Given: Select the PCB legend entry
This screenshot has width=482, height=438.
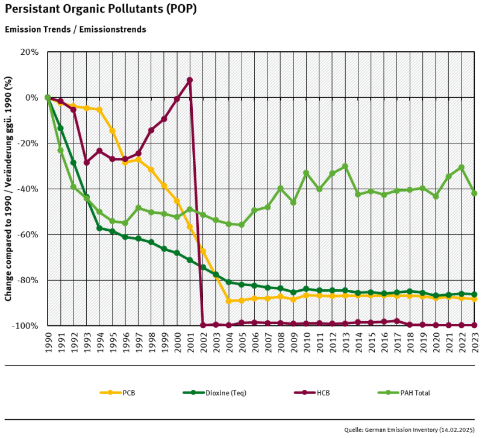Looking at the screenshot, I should tap(128, 393).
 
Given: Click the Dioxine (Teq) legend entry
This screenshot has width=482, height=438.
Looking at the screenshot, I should tap(224, 393).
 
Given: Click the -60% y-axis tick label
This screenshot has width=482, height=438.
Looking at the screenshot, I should tap(27, 234).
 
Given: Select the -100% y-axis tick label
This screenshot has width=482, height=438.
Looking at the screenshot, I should tap(25, 326).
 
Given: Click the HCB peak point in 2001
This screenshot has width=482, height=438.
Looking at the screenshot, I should tap(190, 80).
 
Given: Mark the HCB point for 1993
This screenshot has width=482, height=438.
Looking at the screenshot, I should tap(86, 162).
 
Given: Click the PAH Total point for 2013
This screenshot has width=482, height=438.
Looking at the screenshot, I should tap(345, 166).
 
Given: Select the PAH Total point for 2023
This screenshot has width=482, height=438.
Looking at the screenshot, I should tap(475, 193).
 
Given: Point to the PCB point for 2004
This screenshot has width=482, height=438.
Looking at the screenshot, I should tap(229, 301).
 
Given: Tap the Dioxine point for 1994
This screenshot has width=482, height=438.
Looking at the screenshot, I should tap(99, 228).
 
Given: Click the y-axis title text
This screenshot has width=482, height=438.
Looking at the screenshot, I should tap(8, 189).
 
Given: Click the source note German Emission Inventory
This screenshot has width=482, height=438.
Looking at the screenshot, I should tap(413, 430).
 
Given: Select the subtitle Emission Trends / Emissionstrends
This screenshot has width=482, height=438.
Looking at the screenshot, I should tap(75, 29).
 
